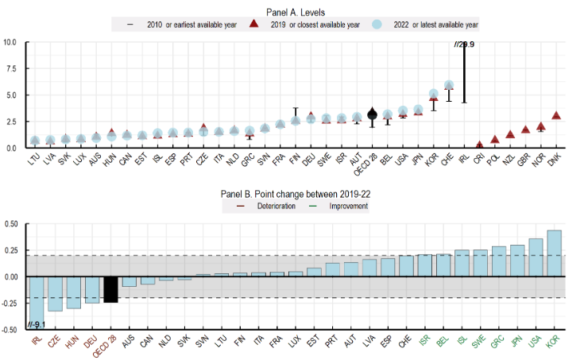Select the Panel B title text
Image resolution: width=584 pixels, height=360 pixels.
pos(294,193)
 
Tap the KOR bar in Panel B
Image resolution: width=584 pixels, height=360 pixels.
pos(554,253)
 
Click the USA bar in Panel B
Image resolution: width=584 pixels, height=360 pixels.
pos(536,257)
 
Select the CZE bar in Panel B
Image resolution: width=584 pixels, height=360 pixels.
pos(56,293)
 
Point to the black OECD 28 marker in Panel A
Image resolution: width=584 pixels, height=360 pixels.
pos(372,114)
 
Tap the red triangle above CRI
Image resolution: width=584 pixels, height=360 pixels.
pos(479,145)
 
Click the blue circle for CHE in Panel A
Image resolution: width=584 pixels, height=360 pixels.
pos(449,85)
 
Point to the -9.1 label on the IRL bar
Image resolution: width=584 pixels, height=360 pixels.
pos(38,323)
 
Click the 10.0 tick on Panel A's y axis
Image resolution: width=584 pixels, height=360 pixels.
pos(11,41)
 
